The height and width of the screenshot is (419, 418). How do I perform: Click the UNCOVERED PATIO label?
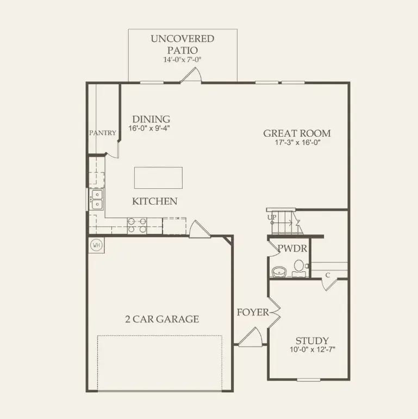tap(183, 44)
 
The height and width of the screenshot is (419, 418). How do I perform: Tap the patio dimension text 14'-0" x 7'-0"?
tap(183, 60)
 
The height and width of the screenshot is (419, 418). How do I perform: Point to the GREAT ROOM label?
tap(297, 134)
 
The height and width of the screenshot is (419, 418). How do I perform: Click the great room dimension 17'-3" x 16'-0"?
tap(297, 144)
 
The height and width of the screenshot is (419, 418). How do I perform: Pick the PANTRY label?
tap(103, 133)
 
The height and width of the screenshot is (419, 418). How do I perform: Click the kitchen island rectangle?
tap(158, 177)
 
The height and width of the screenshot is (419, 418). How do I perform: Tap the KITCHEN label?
tap(155, 201)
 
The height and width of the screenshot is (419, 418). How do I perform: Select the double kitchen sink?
tap(97, 199)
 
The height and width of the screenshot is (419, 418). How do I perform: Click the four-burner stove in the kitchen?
tap(136, 225)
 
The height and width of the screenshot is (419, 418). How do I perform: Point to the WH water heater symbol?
tap(97, 245)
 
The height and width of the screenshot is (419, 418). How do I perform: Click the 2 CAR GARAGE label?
tap(161, 319)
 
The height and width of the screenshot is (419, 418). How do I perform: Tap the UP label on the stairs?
tap(271, 217)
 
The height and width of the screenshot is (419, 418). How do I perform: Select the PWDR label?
tap(292, 249)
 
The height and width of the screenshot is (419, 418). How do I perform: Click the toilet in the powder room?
tap(299, 266)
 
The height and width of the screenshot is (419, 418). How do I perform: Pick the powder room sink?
tap(279, 271)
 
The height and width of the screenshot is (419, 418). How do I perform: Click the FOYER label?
tap(252, 313)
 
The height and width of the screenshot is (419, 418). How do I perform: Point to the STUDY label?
tap(313, 341)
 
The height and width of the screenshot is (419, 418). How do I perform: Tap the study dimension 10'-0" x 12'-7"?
tap(313, 350)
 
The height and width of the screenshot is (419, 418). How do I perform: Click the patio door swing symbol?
tap(191, 77)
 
